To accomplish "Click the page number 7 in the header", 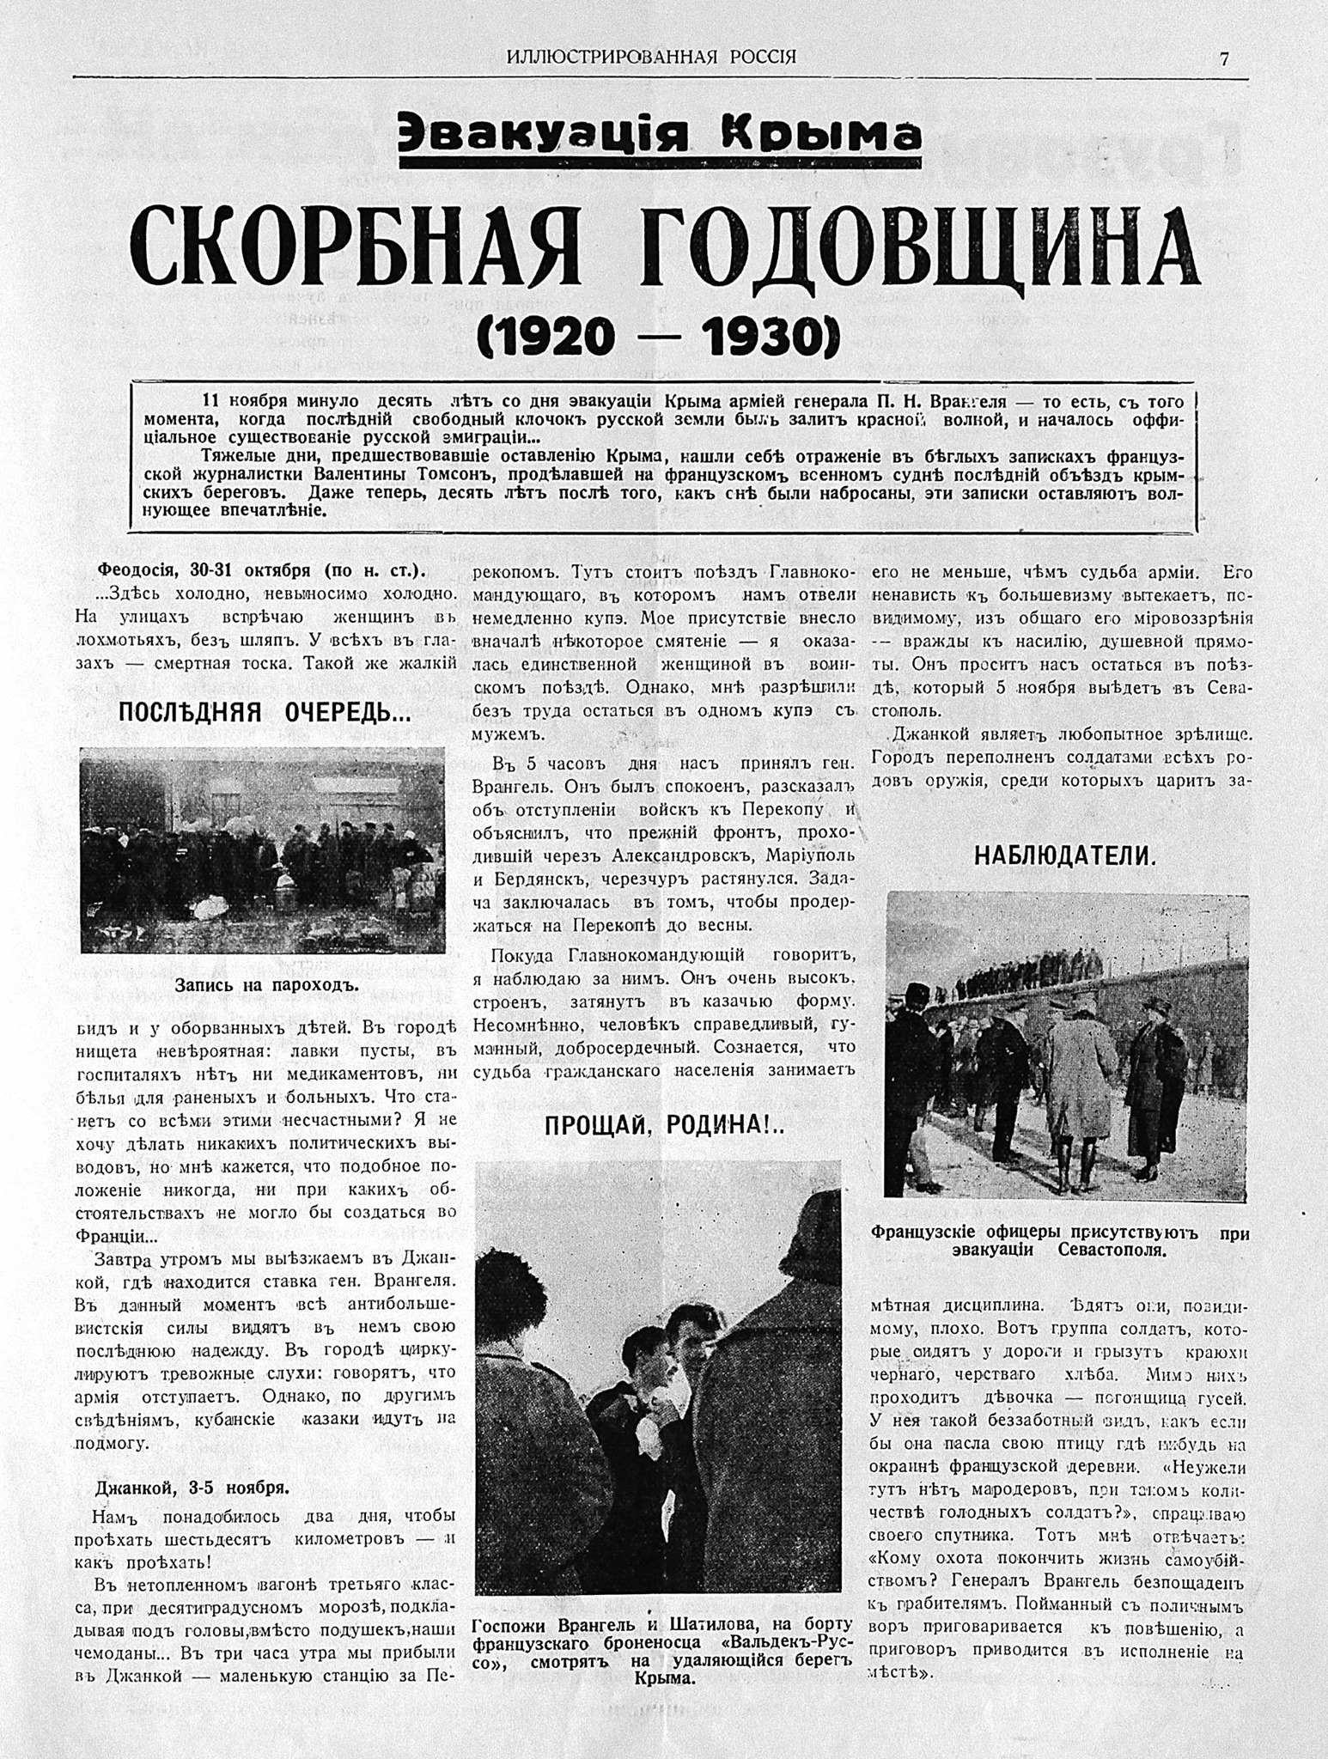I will pos(1223,58).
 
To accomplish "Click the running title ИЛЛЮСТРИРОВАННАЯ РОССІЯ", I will pos(651,58).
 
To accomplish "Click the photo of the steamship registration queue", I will pos(262,849).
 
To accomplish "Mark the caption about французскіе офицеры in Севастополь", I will pos(1059,1240).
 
